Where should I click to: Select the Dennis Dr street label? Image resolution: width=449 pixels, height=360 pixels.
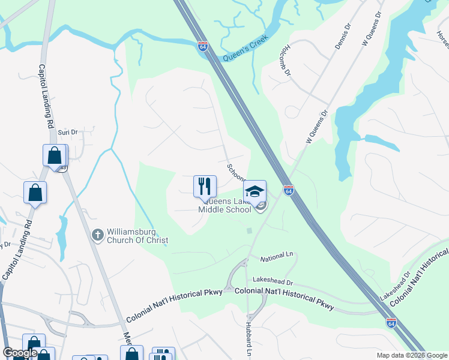coord(342,40)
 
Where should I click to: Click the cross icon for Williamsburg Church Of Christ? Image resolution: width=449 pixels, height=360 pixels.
coord(98,235)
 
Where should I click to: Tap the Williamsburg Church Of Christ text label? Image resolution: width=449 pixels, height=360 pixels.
coord(137,236)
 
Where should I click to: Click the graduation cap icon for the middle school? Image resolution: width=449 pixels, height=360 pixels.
coord(255,191)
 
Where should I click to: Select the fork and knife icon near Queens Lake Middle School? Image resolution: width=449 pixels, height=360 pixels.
coord(205,186)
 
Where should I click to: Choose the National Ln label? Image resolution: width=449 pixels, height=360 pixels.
coord(275,259)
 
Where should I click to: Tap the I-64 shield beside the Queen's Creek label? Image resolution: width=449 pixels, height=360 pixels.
coord(204,47)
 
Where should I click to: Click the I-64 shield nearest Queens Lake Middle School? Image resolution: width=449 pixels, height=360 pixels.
coord(289,191)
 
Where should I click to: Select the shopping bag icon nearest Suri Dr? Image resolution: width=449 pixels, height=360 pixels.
coord(55,155)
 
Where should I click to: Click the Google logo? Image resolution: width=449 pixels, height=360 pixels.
coord(20,353)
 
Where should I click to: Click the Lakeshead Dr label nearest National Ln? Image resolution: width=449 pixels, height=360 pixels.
coord(273,281)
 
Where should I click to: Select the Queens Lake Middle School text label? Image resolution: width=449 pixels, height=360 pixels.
coord(225,206)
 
